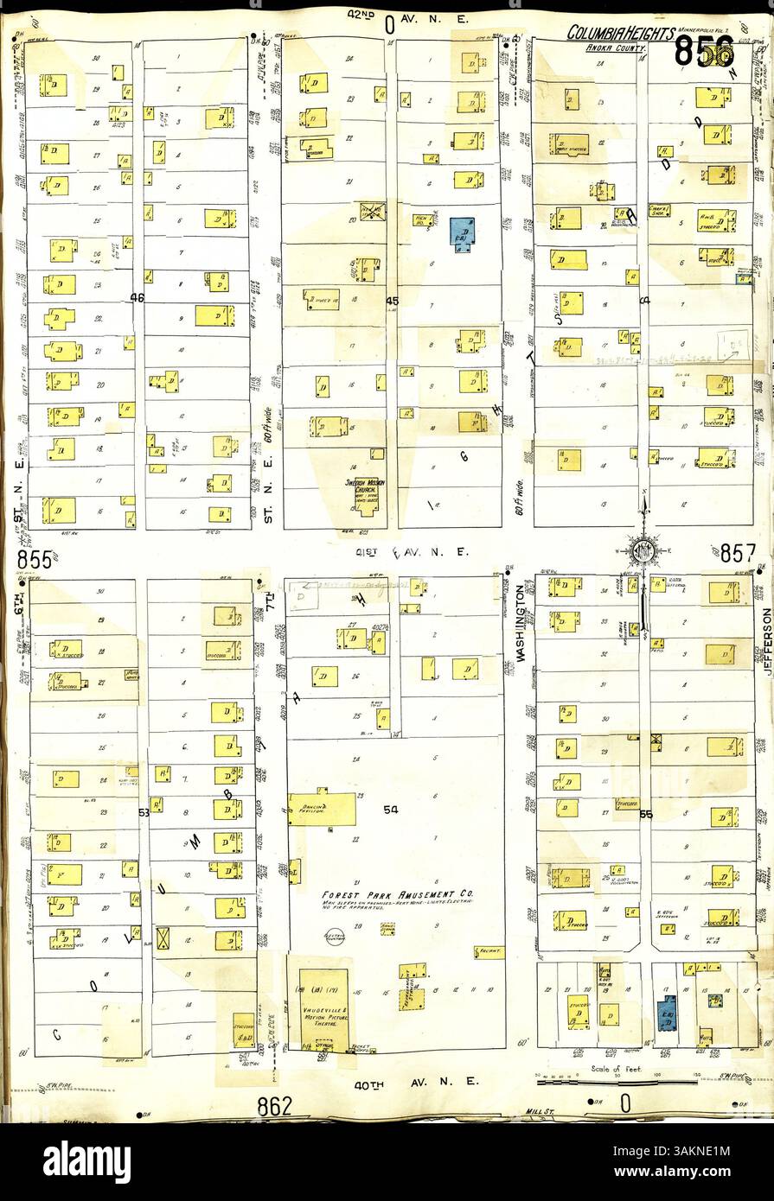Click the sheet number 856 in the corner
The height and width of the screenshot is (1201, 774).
[x=705, y=53]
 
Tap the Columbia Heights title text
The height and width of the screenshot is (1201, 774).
[x=621, y=33]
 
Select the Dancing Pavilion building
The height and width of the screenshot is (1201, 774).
[x=322, y=809]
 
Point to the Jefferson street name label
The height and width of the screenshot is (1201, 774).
[x=766, y=640]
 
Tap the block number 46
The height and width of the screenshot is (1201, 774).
[x=136, y=298]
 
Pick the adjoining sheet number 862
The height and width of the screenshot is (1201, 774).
[x=275, y=1105]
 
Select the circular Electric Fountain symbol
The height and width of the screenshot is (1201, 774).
[x=339, y=934]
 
